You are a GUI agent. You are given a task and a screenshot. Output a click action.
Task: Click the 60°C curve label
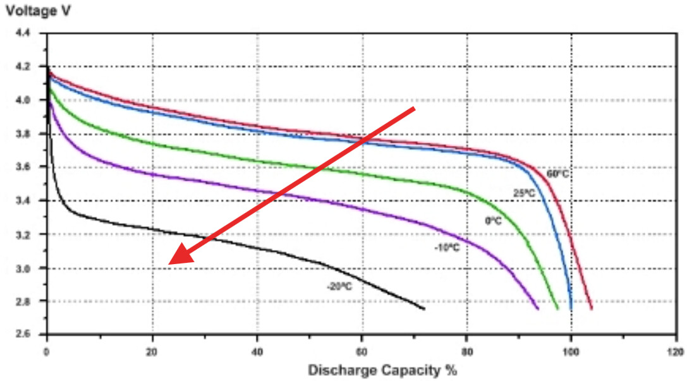(558, 173)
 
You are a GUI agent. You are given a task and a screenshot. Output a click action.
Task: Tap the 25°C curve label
(524, 193)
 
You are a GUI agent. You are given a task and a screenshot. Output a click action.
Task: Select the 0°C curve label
(493, 221)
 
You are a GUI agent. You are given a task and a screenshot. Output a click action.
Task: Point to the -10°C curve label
(446, 247)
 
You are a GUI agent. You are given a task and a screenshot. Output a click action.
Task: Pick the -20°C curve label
(339, 286)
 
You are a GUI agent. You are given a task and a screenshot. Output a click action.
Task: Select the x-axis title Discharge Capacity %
(382, 370)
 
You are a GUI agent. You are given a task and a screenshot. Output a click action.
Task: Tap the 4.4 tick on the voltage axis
(31, 33)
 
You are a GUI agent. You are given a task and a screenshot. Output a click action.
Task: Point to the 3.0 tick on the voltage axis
(31, 268)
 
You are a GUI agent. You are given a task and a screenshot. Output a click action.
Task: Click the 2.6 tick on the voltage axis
(31, 334)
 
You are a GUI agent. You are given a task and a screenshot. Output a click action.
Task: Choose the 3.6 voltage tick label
(31, 167)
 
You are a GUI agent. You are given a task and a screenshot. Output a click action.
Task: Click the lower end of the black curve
(423, 308)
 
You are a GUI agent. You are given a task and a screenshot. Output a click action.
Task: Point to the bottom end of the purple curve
(538, 308)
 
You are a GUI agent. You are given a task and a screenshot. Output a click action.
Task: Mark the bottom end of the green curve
(558, 309)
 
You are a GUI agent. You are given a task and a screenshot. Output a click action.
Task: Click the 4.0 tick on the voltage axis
(31, 100)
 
